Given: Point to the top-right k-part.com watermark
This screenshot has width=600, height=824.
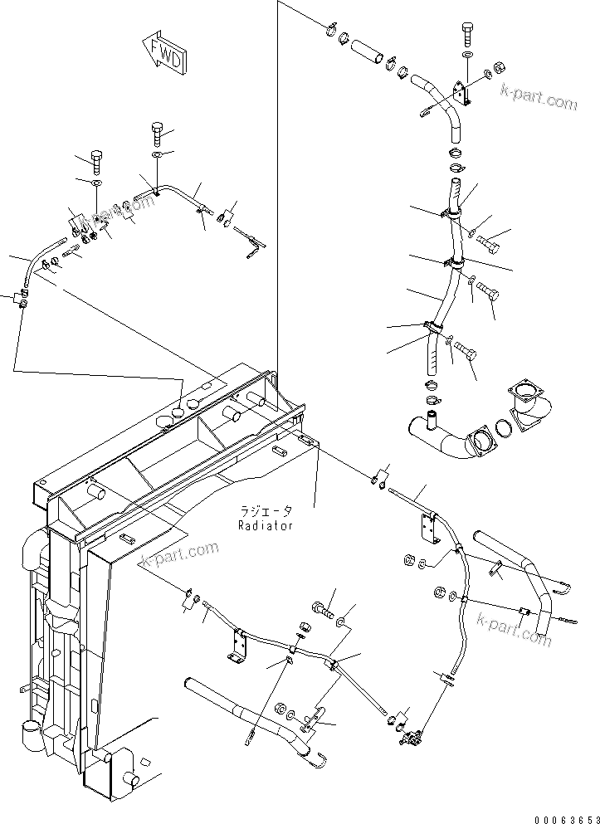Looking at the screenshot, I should click(538, 100).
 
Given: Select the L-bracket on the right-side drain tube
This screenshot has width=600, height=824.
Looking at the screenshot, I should click(429, 529).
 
